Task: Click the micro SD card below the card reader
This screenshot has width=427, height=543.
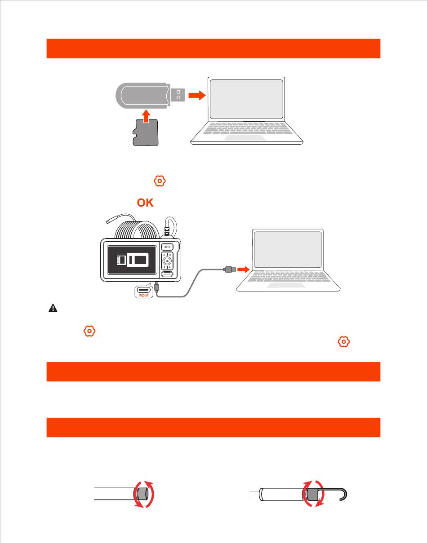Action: coord(146,133)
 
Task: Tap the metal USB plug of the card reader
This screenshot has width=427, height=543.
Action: coord(177,95)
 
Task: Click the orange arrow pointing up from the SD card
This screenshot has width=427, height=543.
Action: coord(146,116)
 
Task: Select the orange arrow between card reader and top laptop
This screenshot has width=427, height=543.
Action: coord(196,95)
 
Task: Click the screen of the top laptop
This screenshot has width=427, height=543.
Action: coord(246,99)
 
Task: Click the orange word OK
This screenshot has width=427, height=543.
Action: coord(145,203)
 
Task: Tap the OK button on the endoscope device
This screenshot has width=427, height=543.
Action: coord(167,260)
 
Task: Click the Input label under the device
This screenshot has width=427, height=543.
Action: coord(143,295)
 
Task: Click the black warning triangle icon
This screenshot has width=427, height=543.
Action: coord(53,309)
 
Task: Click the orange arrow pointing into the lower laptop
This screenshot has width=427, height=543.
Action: coord(243,269)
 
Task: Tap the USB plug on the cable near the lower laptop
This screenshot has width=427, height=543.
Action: coord(228,269)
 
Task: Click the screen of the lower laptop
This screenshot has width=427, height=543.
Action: coord(288,250)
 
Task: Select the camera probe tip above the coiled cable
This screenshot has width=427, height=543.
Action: coord(110,220)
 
